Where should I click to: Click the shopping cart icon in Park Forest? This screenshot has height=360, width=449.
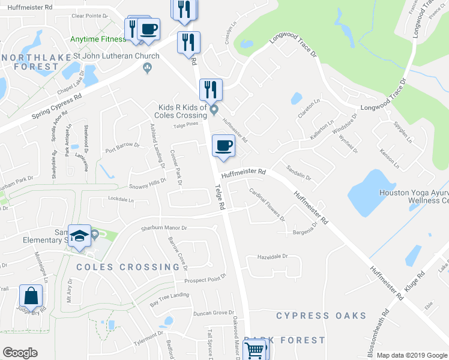click(x=256, y=349)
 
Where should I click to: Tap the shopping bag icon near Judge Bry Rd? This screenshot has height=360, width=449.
click(x=31, y=296)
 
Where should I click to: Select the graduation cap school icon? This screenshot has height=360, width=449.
click(x=78, y=236)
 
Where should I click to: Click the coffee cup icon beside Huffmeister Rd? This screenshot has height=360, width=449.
click(x=223, y=146)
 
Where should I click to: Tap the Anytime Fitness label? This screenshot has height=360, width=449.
click(x=98, y=39)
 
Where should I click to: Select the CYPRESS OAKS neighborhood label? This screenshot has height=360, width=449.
click(x=321, y=316)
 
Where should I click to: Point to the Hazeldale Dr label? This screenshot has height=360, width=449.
click(x=273, y=256)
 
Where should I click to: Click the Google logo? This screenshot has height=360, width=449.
click(x=20, y=353)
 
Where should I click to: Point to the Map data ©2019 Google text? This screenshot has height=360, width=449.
click(x=411, y=355)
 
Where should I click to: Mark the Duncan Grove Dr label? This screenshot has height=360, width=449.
click(x=213, y=313)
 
